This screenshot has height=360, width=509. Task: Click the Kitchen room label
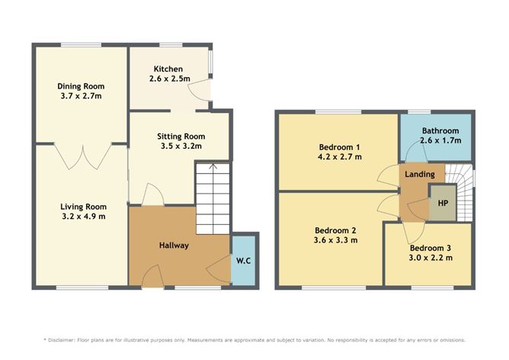pyautogui.click(x=168, y=69)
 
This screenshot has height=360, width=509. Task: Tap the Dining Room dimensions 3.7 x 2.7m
pyautogui.click(x=82, y=96)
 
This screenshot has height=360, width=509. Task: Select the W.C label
pyautogui.click(x=244, y=261)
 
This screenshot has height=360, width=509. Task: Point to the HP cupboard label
pyautogui.click(x=443, y=204)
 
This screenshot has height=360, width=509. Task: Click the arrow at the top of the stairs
pyautogui.click(x=213, y=167)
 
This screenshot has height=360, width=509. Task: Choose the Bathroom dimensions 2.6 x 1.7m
pyautogui.click(x=440, y=140)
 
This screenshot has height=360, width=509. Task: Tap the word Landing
pyautogui.click(x=420, y=175)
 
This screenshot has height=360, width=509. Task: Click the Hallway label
pyautogui.click(x=174, y=246)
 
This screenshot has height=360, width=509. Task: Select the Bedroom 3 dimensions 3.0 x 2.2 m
pyautogui.click(x=431, y=258)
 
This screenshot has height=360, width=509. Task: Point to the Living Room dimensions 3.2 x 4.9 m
pyautogui.click(x=84, y=217)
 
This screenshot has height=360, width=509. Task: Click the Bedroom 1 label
pyautogui.click(x=340, y=147)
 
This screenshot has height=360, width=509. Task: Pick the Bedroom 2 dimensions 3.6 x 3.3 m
pyautogui.click(x=336, y=240)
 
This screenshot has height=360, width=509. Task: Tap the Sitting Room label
pyautogui.click(x=181, y=137)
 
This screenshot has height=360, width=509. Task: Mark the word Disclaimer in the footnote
pyautogui.click(x=62, y=340)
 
